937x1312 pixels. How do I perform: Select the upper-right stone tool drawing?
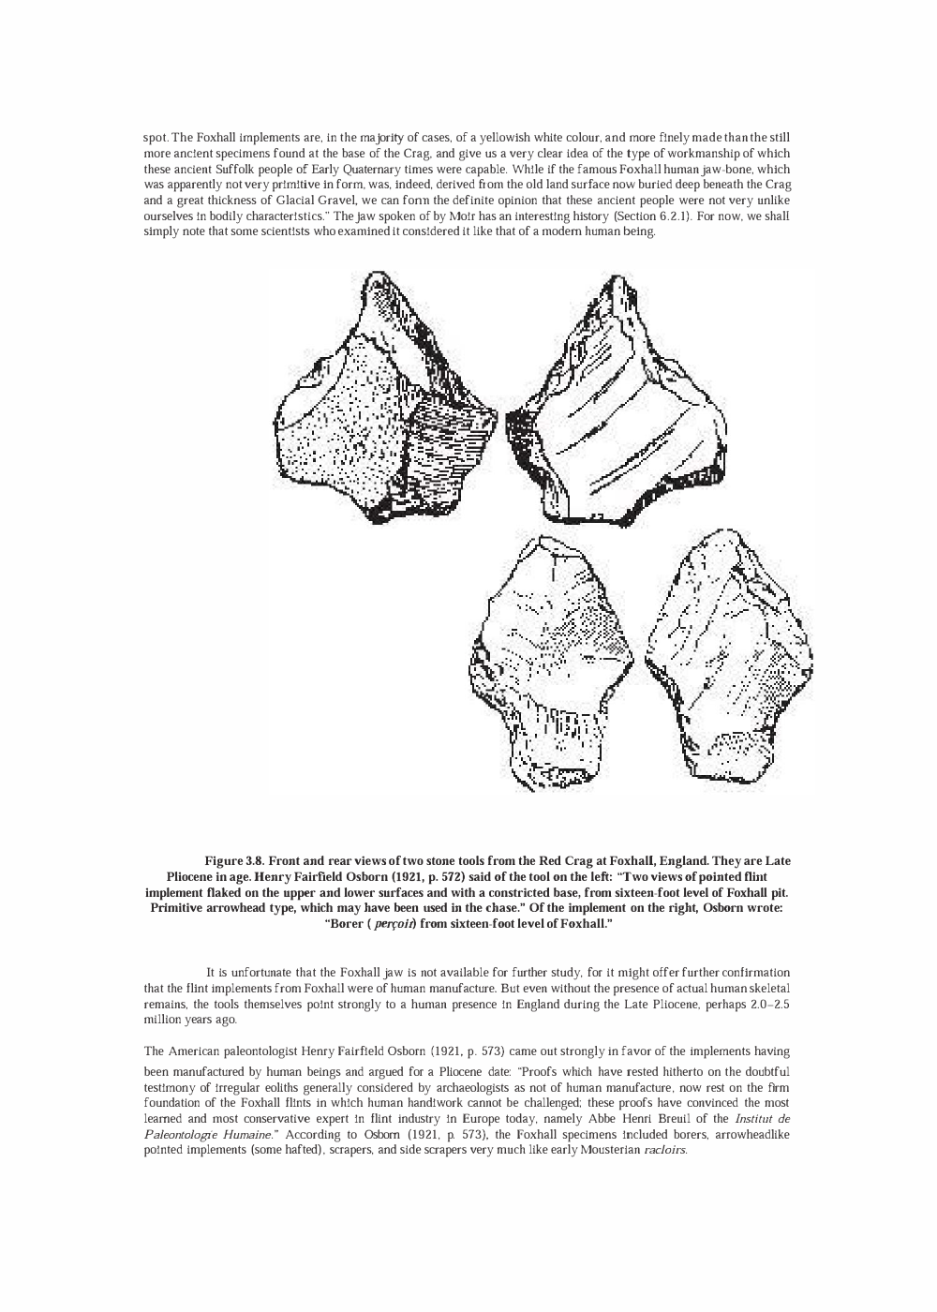click(618, 403)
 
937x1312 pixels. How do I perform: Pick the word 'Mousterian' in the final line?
click(595, 1150)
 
